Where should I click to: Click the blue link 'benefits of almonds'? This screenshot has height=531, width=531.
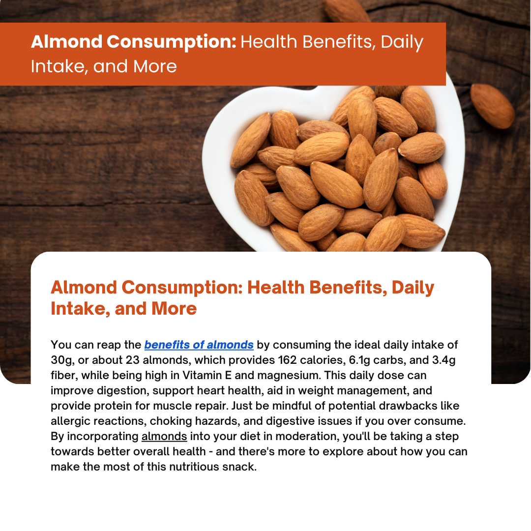(199, 345)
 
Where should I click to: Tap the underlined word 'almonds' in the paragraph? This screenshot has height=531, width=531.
(164, 436)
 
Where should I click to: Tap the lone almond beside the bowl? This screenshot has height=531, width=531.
(492, 106)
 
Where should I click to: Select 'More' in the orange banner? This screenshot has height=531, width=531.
(155, 66)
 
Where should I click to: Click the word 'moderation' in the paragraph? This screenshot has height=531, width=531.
(307, 436)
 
